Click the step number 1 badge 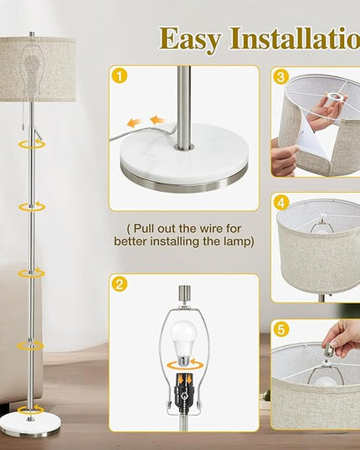(120, 76)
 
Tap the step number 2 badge (120, 284)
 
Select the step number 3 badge (281, 77)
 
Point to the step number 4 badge (281, 203)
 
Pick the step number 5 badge (281, 328)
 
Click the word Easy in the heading (191, 39)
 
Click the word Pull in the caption (144, 229)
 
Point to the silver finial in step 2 (183, 293)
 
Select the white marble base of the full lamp (30, 422)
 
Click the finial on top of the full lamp (32, 34)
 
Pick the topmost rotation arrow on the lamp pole (32, 144)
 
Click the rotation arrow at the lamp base (31, 410)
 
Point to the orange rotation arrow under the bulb (186, 365)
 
